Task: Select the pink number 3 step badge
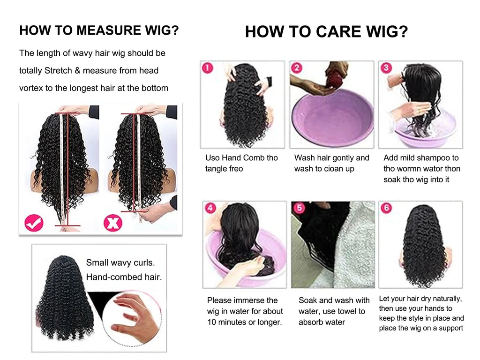[386, 68]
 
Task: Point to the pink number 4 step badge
[211, 208]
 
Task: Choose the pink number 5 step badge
[298, 208]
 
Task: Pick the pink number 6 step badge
[386, 208]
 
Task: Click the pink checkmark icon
[34, 223]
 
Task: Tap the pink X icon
[113, 223]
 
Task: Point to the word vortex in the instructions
[31, 88]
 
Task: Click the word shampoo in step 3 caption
[434, 158]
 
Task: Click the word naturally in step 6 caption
[446, 299]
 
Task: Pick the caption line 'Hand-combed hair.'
[124, 277]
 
